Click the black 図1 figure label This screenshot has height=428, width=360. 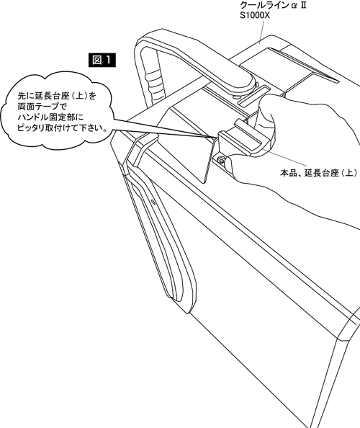click(102, 60)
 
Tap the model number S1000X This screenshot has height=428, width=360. click(255, 15)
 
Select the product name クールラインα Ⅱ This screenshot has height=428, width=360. click(273, 4)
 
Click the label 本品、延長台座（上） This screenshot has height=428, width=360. click(318, 173)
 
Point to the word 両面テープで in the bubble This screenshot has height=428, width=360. click(42, 107)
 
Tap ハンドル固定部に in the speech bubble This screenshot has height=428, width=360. click(50, 117)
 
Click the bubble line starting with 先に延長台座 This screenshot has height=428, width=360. click(57, 96)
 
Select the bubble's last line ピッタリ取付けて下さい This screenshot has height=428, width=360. click(62, 128)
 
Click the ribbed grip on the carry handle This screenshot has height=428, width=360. click(155, 82)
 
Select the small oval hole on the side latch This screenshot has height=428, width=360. click(153, 202)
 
